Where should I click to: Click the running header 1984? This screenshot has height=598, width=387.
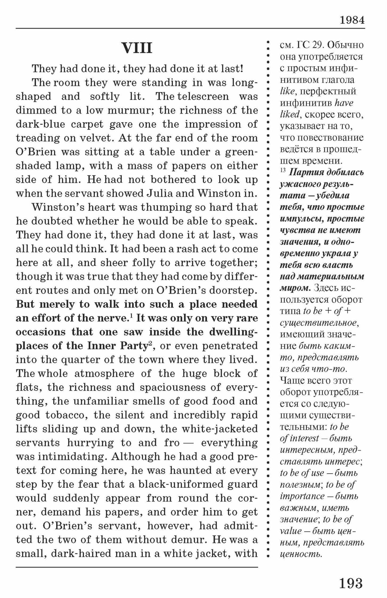coord(352,20)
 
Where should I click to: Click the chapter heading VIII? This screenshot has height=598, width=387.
coord(137,48)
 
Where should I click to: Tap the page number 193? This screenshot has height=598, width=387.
coord(351,583)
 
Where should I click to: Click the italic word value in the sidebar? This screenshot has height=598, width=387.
coord(291,531)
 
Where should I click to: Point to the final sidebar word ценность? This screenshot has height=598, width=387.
coord(301,554)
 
